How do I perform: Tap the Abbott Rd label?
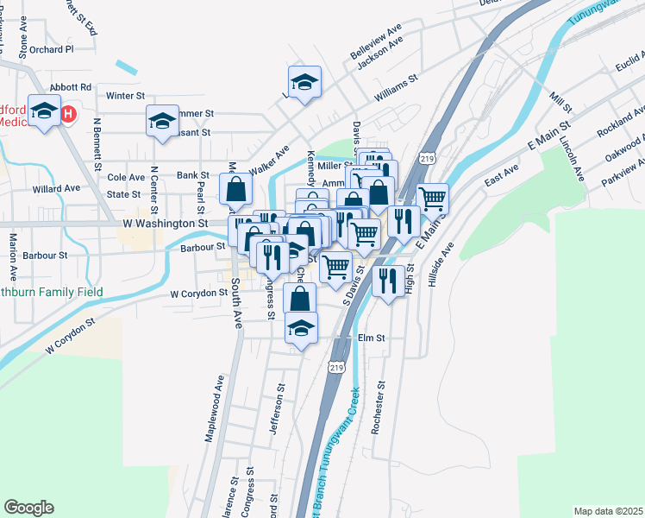[71, 87]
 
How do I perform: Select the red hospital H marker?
[68, 113]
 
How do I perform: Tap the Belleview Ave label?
[377, 41]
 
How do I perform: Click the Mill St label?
[560, 100]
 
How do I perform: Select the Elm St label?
[370, 338]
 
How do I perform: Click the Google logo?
[28, 507]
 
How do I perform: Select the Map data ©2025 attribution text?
[608, 511]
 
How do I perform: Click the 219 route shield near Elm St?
[336, 367]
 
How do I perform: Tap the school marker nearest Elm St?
[301, 329]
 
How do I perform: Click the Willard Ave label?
[56, 188]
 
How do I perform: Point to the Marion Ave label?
[13, 257]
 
